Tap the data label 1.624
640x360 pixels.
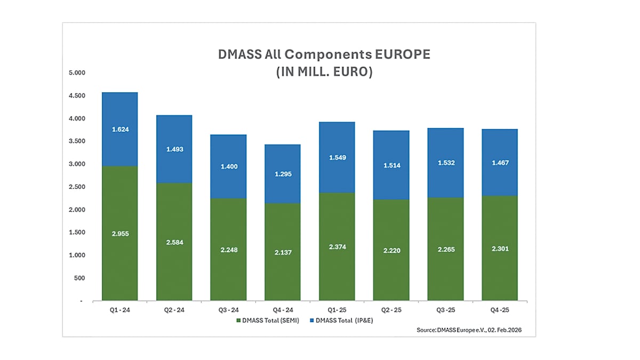click(119, 130)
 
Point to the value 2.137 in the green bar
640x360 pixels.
click(282, 252)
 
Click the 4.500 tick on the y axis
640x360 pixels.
click(77, 95)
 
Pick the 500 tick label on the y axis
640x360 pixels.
click(79, 278)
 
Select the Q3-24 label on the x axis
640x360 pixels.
click(228, 310)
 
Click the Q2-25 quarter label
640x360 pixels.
click(391, 310)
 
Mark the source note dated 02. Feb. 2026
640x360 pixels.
click(469, 331)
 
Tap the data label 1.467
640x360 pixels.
click(499, 162)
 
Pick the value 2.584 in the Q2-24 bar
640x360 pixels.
click(174, 243)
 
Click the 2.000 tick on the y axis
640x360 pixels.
click(77, 210)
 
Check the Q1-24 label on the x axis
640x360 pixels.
click(119, 310)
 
